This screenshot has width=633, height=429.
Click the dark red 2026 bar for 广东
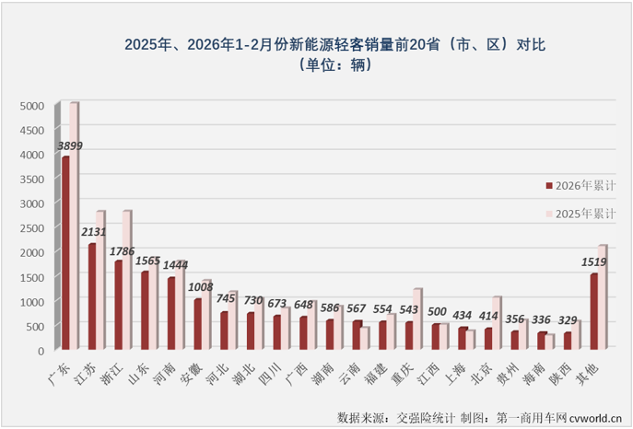coord(64,253)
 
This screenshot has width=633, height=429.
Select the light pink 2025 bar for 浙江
coord(127,281)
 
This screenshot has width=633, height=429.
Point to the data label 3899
coord(72,145)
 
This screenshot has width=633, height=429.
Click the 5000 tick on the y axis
coord(32,106)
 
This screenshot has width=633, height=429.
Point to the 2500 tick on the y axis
coord(32,228)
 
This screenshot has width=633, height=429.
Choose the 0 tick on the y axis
coord(41,351)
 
